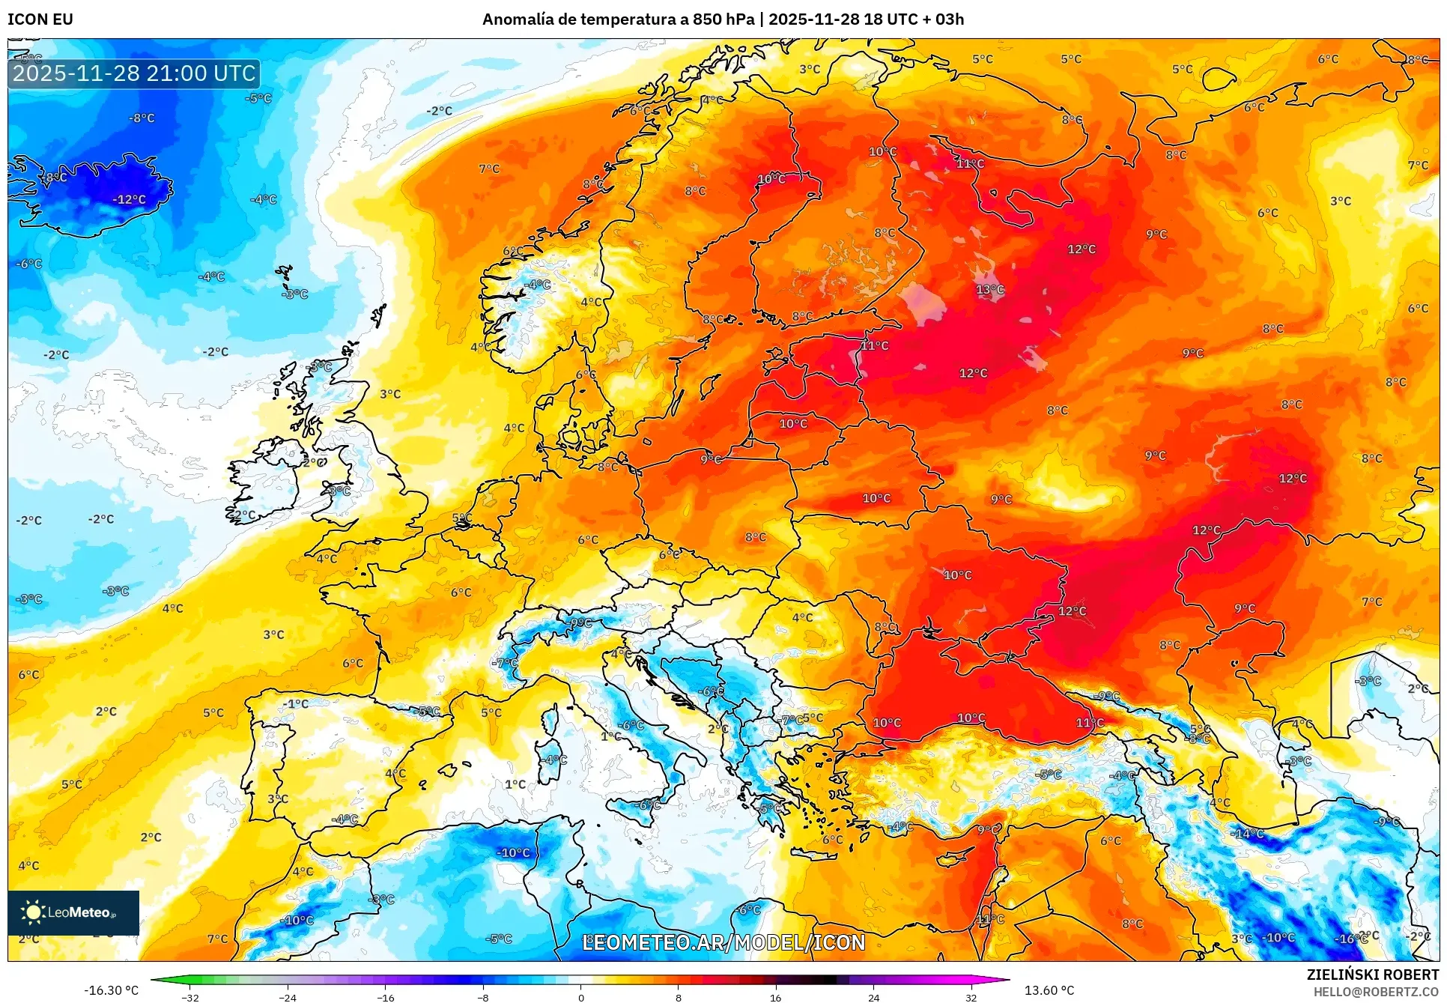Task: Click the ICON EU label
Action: coord(40,19)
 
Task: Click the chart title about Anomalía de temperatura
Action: coord(723,19)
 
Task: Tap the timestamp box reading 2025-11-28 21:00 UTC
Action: coord(134,73)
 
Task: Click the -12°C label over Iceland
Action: coord(129,200)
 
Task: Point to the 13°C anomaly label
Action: coord(989,290)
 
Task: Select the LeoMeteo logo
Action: coord(73,912)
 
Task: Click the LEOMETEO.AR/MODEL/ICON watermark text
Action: coord(723,942)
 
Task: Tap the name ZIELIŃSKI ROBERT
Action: coord(1372,975)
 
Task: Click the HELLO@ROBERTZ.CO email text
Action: coord(1376,992)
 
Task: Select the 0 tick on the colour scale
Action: coord(580,997)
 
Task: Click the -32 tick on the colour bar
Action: coord(190,997)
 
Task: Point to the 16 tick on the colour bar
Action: coord(775,997)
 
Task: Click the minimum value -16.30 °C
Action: coord(111,990)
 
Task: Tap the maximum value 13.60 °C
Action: coord(1049,990)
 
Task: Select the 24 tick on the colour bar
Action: coord(873,997)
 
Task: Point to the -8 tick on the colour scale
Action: coord(483,997)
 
